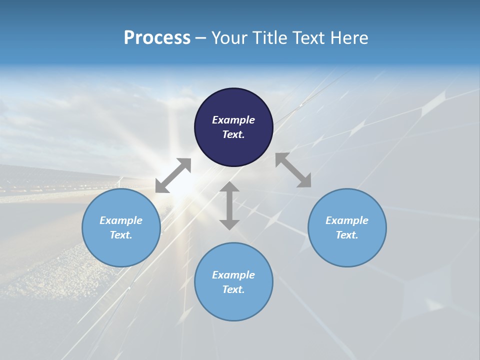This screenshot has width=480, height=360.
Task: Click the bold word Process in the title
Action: (157, 38)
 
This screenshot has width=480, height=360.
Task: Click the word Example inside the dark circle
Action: (233, 120)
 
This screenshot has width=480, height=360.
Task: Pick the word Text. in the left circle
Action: (121, 235)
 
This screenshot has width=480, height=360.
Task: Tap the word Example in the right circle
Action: (347, 220)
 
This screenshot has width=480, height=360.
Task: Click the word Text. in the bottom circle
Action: (233, 289)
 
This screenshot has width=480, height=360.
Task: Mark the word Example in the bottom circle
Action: (233, 275)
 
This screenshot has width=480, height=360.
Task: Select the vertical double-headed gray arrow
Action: (229, 205)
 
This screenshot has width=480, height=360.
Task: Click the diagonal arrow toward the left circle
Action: (173, 175)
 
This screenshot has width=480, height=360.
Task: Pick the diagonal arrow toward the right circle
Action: (293, 170)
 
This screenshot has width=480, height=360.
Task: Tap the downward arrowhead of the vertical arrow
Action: (229, 224)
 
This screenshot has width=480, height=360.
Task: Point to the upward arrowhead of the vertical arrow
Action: (229, 187)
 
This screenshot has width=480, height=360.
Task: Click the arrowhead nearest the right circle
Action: (304, 181)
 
